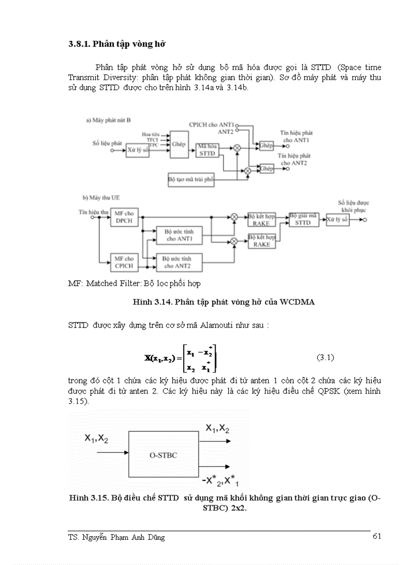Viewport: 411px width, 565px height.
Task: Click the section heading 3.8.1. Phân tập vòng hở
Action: pyautogui.click(x=117, y=44)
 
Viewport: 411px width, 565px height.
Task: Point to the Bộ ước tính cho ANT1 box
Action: pyautogui.click(x=180, y=236)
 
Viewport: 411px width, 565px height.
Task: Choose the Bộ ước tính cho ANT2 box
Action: pyautogui.click(x=180, y=262)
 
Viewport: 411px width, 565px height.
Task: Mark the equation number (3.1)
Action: pyautogui.click(x=325, y=358)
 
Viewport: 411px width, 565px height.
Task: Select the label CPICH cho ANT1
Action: pyautogui.click(x=212, y=124)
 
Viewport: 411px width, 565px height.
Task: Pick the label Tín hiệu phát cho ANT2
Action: pyautogui.click(x=295, y=159)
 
